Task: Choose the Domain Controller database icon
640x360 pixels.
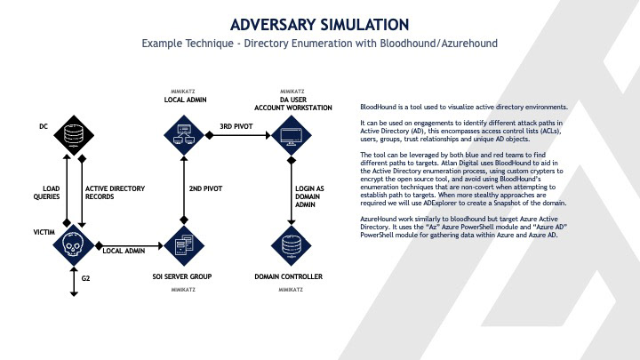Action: point(291,242)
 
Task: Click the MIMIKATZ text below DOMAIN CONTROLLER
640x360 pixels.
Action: point(291,290)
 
